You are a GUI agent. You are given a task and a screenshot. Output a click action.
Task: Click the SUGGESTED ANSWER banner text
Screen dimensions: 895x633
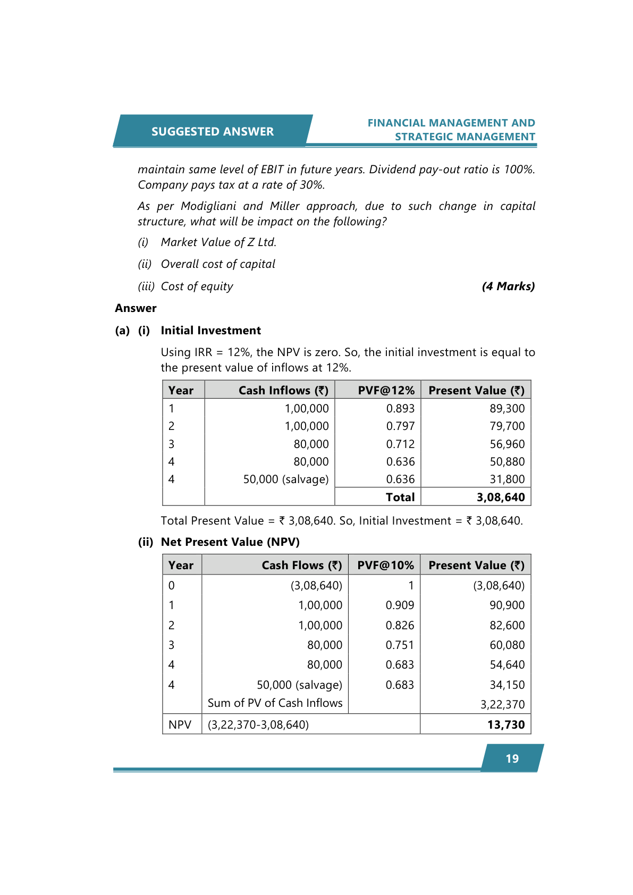tap(212, 131)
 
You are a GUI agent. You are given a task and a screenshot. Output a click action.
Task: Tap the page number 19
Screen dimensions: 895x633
tap(512, 758)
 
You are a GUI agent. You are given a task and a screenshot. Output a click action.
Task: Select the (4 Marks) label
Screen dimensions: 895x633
tap(508, 286)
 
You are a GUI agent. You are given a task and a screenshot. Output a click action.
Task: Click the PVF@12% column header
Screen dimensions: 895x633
tap(386, 391)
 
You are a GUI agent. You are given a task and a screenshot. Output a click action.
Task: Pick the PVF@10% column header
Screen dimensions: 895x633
tap(385, 565)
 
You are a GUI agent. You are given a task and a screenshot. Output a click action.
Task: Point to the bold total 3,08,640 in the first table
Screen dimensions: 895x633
tap(501, 497)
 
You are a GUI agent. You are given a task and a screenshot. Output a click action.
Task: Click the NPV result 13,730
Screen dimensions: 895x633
tap(505, 725)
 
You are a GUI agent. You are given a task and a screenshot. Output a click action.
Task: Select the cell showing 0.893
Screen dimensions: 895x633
tap(400, 409)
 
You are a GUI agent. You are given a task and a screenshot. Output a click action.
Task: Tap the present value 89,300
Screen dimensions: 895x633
tap(507, 409)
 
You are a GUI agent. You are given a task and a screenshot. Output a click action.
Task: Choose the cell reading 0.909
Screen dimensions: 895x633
tap(400, 605)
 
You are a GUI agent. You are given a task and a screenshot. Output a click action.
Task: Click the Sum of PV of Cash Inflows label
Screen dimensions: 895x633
tap(275, 703)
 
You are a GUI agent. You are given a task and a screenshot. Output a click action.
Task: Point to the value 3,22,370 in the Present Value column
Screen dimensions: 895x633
tap(502, 705)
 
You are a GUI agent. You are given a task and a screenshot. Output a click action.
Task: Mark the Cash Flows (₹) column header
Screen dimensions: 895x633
tap(301, 565)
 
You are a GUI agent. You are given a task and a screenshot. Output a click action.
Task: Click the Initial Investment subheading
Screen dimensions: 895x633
tap(210, 331)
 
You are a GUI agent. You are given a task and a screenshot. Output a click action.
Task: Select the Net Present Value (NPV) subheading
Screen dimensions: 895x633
tap(230, 542)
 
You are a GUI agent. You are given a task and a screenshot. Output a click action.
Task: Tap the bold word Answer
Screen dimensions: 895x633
tap(136, 308)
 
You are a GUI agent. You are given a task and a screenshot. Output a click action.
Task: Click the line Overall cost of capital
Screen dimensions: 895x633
tap(218, 264)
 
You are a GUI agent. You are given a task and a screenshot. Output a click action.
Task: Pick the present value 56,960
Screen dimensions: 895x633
tap(507, 444)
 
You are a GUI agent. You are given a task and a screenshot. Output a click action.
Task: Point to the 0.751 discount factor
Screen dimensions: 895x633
tap(400, 645)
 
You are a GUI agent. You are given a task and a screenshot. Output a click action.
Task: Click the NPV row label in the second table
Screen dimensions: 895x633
tap(180, 725)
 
